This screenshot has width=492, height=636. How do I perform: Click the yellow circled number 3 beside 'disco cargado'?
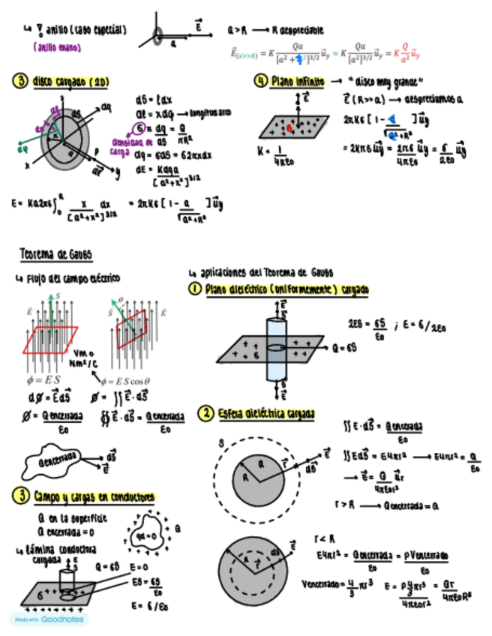[18, 81]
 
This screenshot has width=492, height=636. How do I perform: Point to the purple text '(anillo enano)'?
[55, 46]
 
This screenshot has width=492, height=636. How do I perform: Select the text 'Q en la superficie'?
[72, 517]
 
